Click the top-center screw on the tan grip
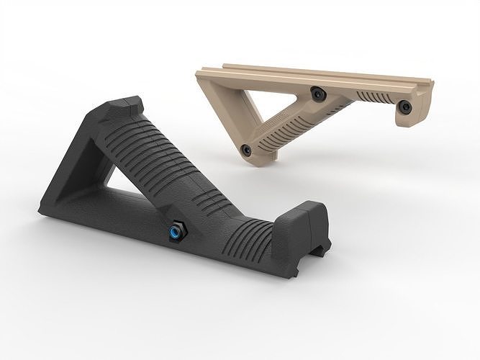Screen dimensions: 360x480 pyautogui.click(x=315, y=92)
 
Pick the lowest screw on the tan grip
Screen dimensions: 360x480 pyautogui.click(x=246, y=150)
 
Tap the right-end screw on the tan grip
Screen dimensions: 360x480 pyautogui.click(x=405, y=107)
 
